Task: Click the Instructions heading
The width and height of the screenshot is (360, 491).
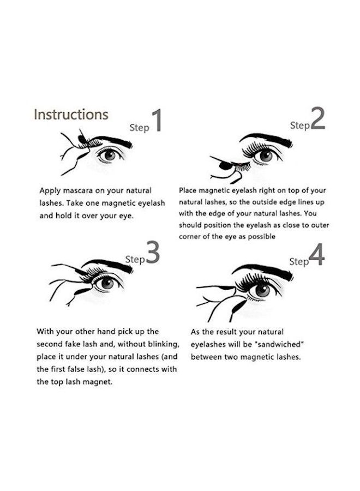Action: [71, 115]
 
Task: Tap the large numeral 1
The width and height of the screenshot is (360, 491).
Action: [157, 121]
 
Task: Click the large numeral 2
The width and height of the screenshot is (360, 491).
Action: [318, 119]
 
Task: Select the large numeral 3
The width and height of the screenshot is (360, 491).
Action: [154, 253]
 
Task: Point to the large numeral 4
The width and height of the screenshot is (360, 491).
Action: [317, 255]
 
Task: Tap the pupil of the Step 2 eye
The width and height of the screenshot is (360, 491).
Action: [266, 156]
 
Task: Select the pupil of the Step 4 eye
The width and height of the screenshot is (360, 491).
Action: [263, 290]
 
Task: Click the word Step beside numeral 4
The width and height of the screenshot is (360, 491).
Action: [299, 261]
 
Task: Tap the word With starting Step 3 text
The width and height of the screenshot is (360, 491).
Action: [46, 331]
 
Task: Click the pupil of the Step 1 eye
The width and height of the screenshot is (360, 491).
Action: [110, 155]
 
